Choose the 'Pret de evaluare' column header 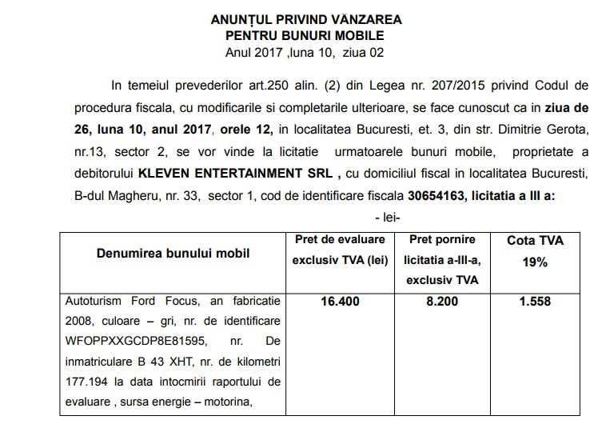(x=337, y=239)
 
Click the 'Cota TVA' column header (x=536, y=239)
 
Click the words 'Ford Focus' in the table (x=151, y=303)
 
